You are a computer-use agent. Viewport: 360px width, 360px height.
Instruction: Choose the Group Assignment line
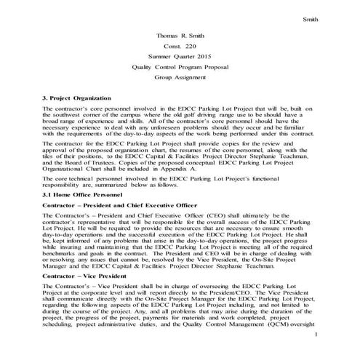pyautogui.click(x=180, y=76)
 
